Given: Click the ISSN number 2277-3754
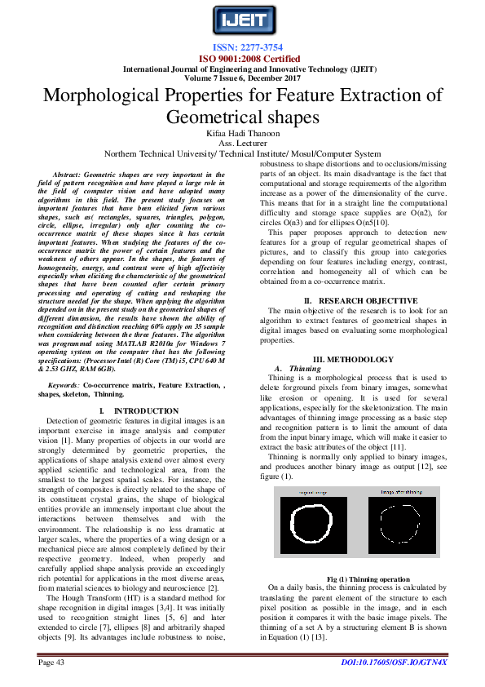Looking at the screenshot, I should pyautogui.click(x=242, y=48).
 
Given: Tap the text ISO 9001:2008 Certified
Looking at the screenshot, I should pyautogui.click(x=242, y=59).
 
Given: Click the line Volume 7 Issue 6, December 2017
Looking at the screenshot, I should pyautogui.click(x=242, y=78).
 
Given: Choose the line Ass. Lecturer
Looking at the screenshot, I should pyautogui.click(x=242, y=143).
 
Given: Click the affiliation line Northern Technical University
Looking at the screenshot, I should pyautogui.click(x=242, y=153).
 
